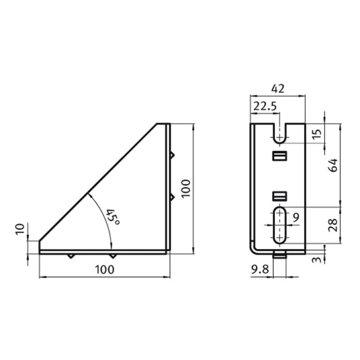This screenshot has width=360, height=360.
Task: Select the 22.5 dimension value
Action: (x=264, y=106)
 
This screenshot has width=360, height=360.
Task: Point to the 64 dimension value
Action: (x=333, y=165)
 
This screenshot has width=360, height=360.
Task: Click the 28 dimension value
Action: (x=333, y=226)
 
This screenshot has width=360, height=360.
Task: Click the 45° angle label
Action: (x=112, y=216)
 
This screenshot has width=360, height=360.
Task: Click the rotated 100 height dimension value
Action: (x=186, y=188)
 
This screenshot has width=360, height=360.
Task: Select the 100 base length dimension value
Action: (x=104, y=270)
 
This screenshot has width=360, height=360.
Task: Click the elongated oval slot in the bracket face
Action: (x=280, y=225)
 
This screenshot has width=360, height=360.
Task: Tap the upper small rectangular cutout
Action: (x=279, y=156)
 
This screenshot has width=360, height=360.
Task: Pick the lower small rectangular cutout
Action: (x=279, y=195)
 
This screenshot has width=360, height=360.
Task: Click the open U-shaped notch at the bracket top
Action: (x=280, y=133)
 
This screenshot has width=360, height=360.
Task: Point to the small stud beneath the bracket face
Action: (x=279, y=256)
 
